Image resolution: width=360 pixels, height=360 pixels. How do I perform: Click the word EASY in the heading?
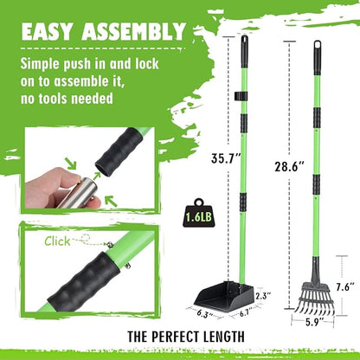tap(46, 31)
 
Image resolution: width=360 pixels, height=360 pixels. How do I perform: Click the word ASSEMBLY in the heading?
tap(133, 31)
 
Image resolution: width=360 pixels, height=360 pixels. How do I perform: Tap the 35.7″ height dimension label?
tap(226, 158)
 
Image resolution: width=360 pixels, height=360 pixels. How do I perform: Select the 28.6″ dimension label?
tap(289, 166)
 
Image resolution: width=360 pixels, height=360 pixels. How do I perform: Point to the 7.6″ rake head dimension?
tap(345, 287)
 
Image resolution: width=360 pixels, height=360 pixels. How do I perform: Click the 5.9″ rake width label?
tap(315, 322)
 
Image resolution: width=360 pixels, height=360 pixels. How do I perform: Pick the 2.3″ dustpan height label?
tap(263, 295)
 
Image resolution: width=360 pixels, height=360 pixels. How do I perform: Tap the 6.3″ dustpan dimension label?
tap(205, 314)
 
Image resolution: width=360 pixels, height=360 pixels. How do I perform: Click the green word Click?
tap(57, 241)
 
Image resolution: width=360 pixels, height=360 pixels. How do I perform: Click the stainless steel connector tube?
tap(78, 193)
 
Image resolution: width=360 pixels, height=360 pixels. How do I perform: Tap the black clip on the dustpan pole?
tap(241, 96)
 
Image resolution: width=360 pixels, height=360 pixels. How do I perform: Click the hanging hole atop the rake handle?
tap(318, 44)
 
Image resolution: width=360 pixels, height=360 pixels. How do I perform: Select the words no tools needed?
tap(67, 99)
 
